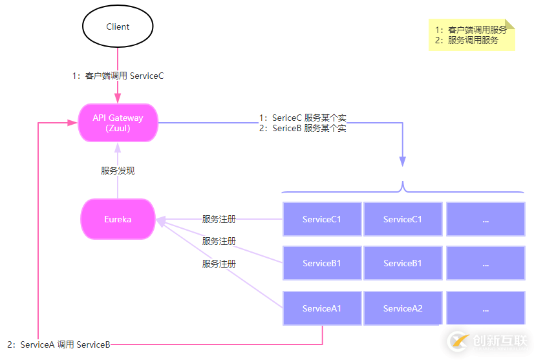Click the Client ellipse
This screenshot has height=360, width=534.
tap(118, 27)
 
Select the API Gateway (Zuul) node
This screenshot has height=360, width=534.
tap(118, 123)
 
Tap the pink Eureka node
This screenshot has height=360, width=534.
tap(118, 219)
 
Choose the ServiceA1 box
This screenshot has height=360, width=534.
tap(321, 308)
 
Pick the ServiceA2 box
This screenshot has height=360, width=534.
tap(402, 308)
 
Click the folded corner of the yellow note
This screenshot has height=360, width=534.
tap(510, 24)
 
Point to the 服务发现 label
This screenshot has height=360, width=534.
tap(118, 171)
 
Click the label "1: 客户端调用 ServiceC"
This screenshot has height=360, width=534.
tap(118, 76)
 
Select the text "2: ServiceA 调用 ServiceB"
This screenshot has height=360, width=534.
tap(59, 344)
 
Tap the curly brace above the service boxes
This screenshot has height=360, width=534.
tap(402, 189)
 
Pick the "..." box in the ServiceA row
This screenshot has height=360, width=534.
tap(485, 308)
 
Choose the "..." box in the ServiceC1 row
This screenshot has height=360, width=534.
tap(485, 219)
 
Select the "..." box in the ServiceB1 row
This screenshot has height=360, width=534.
tap(485, 263)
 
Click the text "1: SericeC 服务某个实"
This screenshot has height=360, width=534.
tap(303, 118)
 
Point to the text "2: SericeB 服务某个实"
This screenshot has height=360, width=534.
tap(303, 128)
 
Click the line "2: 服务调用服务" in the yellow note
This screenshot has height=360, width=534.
tap(467, 40)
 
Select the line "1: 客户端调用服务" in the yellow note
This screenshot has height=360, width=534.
tap(471, 30)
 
